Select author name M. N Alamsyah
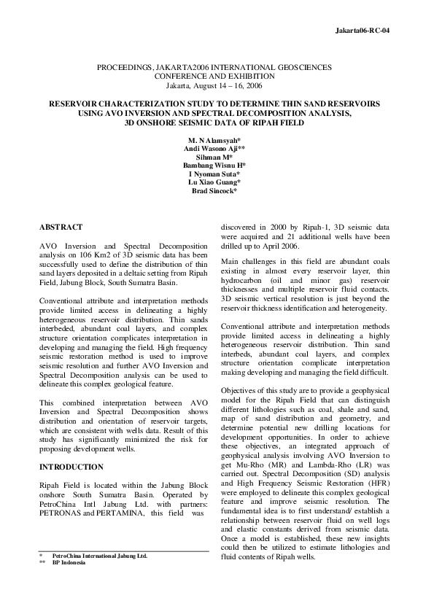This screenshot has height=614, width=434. (216, 139)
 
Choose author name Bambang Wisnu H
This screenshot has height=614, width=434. (217, 166)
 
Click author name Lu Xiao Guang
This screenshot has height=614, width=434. (216, 182)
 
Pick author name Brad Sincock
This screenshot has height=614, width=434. (216, 191)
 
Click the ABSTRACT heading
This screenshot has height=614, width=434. (61, 228)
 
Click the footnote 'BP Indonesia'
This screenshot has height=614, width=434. (69, 563)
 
